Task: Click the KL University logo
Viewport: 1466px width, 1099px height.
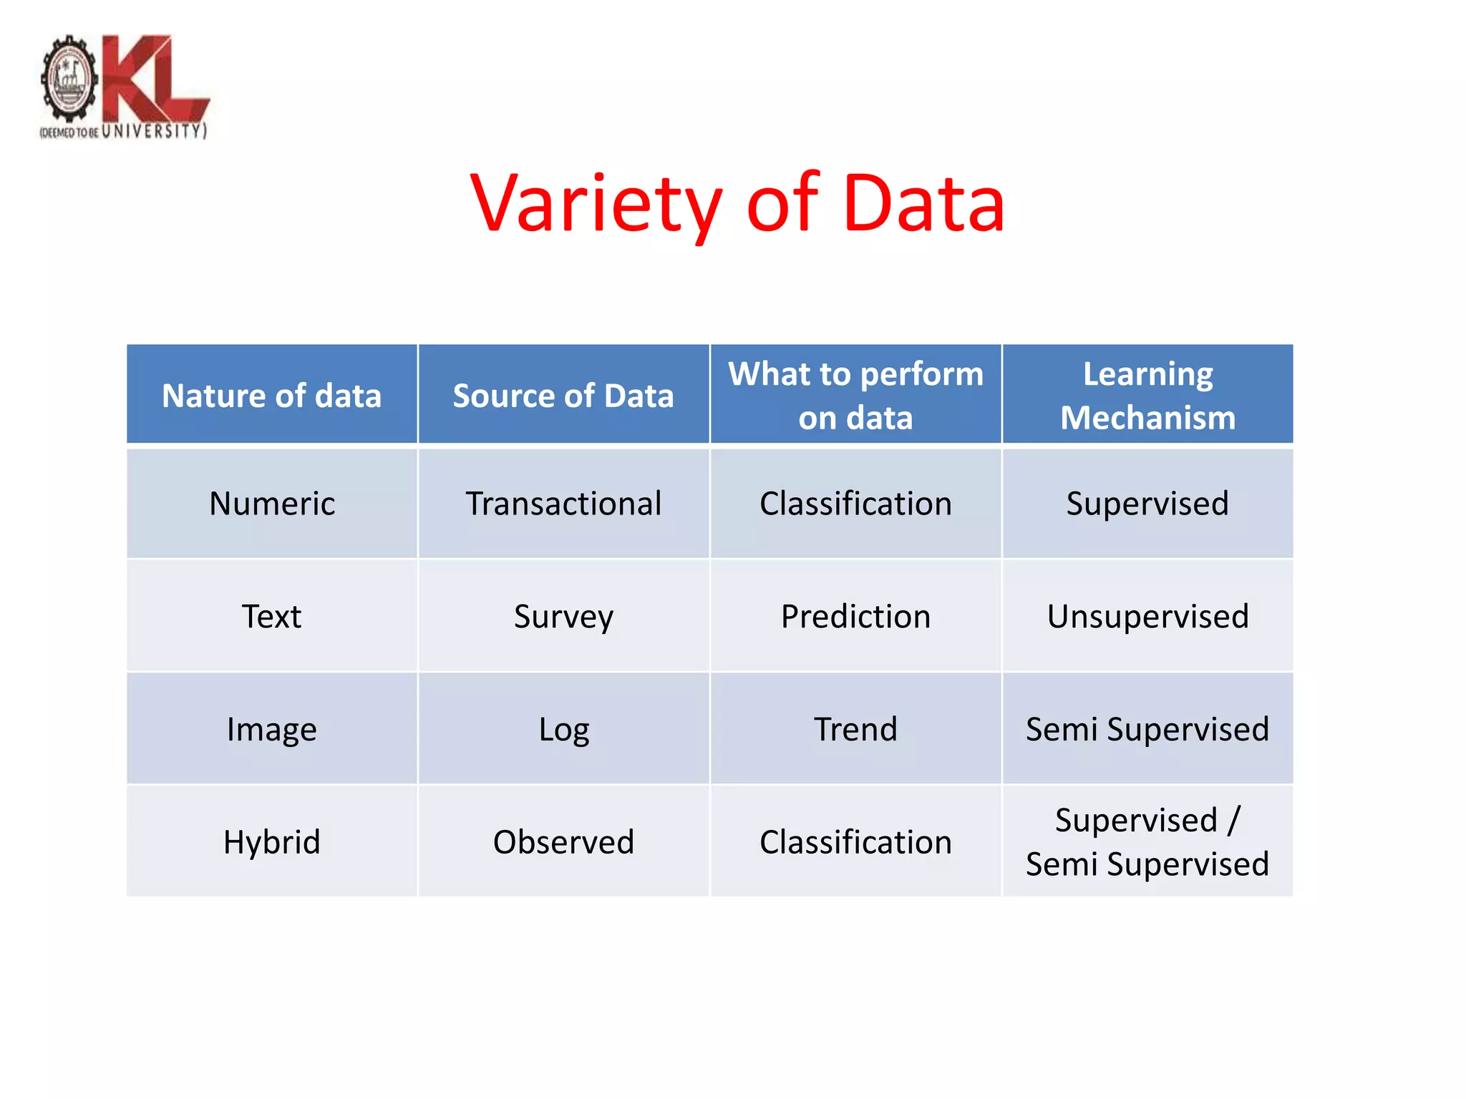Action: [124, 87]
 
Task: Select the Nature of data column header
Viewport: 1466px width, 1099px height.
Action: [272, 396]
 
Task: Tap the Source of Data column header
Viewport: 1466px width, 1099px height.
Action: [563, 396]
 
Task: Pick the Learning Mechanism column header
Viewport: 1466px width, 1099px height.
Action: [1147, 396]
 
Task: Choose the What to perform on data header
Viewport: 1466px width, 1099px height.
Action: [855, 396]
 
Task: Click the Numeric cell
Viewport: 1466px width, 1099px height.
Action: [272, 504]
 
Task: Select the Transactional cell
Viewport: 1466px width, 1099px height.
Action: [563, 504]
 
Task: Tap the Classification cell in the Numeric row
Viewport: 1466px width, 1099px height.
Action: [855, 504]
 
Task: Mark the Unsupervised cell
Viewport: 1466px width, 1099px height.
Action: [1147, 616]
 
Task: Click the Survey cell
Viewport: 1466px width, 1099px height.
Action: [563, 616]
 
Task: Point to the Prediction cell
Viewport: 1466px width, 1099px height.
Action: [855, 616]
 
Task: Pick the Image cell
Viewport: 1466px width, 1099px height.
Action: [272, 729]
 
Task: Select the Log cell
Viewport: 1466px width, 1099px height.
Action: [563, 729]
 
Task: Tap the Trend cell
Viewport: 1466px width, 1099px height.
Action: [855, 729]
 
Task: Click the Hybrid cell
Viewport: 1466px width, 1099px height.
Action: [272, 841]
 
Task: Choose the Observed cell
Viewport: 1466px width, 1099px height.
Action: [563, 841]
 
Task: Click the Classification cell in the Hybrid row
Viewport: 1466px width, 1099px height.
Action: [855, 841]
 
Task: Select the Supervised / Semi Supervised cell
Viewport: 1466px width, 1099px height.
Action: [1147, 841]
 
